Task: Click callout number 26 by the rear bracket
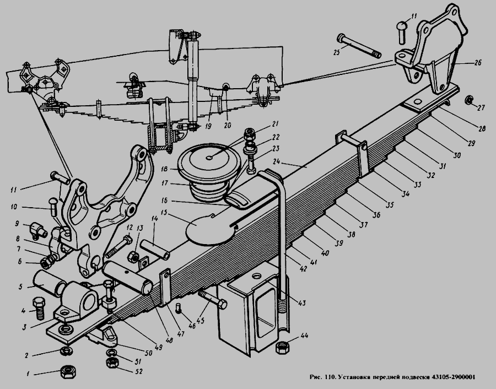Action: click(477, 63)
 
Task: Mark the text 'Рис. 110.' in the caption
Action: click(325, 377)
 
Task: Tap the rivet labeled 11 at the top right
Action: click(402, 29)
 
